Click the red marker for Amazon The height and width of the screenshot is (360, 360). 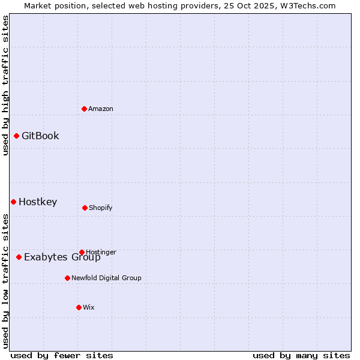pos(84,109)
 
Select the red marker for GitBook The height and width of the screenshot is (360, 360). pos(16,136)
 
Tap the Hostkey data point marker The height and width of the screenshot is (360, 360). pos(13,202)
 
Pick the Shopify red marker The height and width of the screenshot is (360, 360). pos(85,208)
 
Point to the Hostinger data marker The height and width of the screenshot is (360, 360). pos(82,252)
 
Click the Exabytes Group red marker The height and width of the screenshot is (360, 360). pos(19,257)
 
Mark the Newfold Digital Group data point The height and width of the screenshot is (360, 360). pos(67,278)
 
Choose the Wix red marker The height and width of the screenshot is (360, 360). pos(79,307)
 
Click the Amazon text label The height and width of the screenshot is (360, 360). pos(101,109)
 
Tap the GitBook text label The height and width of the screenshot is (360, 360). pos(40,136)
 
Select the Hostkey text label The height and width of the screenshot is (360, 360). pos(38,202)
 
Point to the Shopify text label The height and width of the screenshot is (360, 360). pos(101,208)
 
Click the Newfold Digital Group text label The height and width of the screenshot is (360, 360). pos(106,278)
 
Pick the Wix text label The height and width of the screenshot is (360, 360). pos(89,307)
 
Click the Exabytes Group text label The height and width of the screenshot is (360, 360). pos(62,257)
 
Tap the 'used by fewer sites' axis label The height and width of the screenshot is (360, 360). pos(62,355)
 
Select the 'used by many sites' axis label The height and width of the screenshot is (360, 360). pos(301,355)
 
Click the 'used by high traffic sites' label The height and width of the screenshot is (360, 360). pos(5,85)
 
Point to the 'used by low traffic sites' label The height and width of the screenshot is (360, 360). pos(5,281)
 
